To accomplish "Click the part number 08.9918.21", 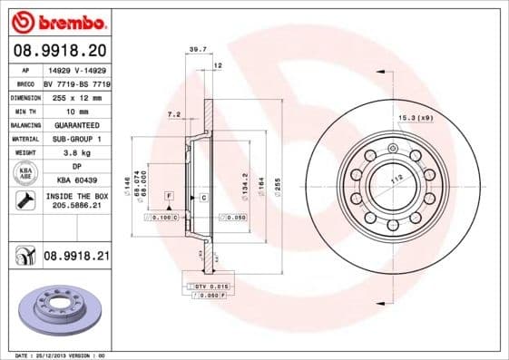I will click(x=76, y=258).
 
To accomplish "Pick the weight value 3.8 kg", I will click(x=76, y=152).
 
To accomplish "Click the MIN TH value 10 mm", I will click(x=76, y=110).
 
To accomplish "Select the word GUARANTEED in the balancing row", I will click(x=76, y=124).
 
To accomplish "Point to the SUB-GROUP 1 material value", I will click(x=76, y=138).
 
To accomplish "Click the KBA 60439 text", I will click(x=76, y=181).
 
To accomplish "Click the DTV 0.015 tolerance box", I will click(x=210, y=286).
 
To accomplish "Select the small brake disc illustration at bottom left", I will click(x=62, y=307).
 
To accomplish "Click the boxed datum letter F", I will click(x=168, y=196).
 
